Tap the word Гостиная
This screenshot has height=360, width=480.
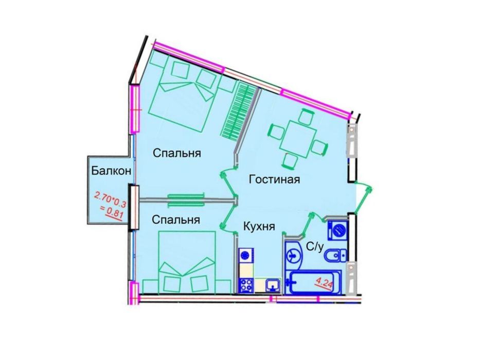(x=274, y=179)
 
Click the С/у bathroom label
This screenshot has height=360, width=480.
(x=314, y=247)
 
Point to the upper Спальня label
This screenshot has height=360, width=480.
(x=176, y=153)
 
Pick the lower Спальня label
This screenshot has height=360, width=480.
(x=175, y=220)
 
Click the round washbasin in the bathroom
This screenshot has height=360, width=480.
(x=294, y=254)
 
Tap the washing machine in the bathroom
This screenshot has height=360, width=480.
(x=338, y=229)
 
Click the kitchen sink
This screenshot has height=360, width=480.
(x=272, y=284)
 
